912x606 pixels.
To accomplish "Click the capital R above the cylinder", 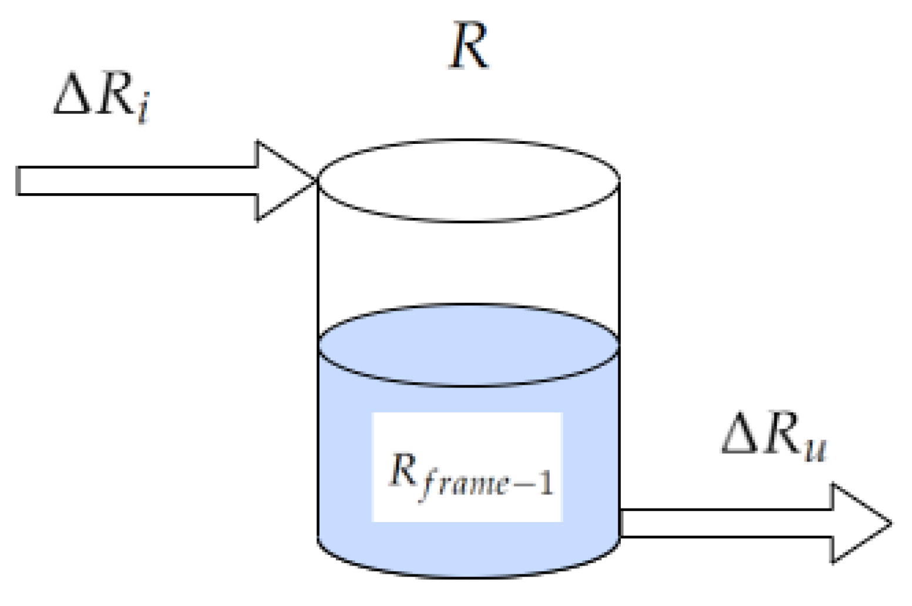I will [469, 48].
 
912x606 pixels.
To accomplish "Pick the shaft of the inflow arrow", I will [135, 180].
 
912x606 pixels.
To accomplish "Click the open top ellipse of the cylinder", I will [468, 180].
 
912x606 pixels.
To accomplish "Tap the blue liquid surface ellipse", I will [468, 345].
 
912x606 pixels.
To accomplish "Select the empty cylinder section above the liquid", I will [468, 264].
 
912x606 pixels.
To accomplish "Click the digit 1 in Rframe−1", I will [546, 484].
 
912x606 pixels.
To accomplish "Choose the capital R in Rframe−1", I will [403, 470].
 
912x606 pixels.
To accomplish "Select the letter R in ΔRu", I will [782, 433].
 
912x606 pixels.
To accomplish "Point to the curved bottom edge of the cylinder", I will [468, 575].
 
